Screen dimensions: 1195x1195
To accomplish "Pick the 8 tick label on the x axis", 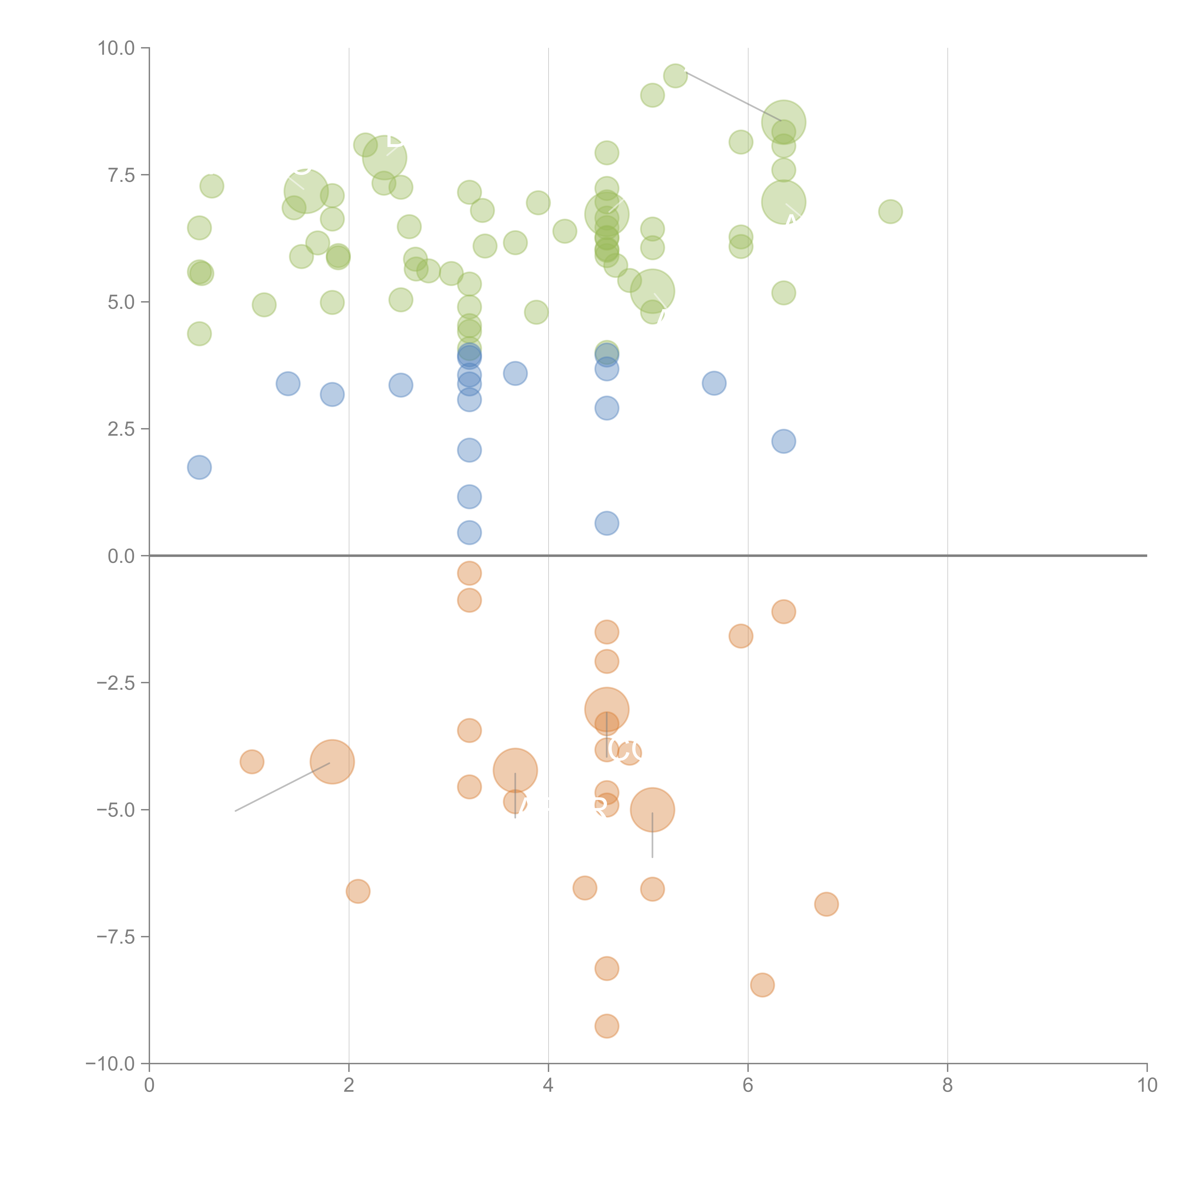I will (947, 1086).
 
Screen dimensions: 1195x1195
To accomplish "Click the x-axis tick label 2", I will (349, 1086).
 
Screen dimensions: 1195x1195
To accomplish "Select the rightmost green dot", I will (890, 212).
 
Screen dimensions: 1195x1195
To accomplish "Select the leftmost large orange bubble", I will (332, 761).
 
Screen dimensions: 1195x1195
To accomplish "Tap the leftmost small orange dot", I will (252, 761).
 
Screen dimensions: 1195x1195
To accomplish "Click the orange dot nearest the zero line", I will (469, 573).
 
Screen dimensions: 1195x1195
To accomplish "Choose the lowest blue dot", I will (469, 532).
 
